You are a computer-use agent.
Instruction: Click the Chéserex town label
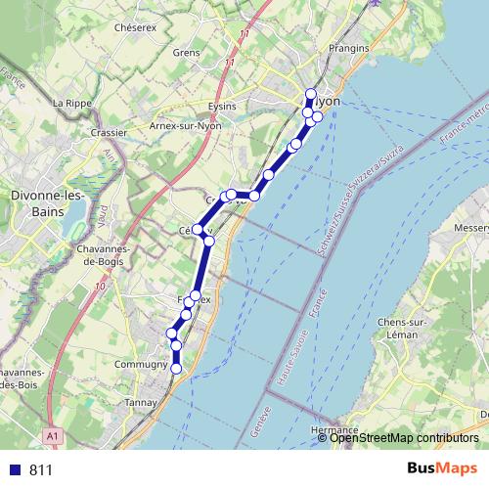pos(135,28)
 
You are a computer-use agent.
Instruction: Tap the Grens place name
pos(186,52)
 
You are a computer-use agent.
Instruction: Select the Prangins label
pos(349,48)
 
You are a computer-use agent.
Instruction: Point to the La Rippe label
pos(71,103)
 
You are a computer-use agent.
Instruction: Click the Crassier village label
pos(108,132)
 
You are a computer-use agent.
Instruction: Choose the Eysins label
pos(224,106)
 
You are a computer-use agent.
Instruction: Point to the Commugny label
pos(142,364)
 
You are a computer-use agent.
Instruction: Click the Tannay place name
pos(142,402)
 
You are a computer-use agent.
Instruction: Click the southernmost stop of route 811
pos(177,368)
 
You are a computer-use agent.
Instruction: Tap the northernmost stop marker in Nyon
pos(312,95)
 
